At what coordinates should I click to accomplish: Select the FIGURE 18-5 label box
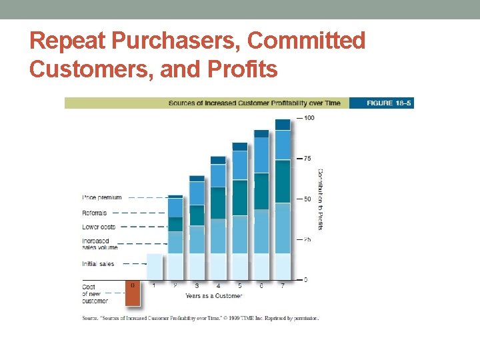click(390, 103)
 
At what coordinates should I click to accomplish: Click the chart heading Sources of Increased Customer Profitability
click(254, 103)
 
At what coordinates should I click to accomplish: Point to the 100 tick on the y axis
click(309, 118)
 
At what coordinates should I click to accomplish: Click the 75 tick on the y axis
click(307, 159)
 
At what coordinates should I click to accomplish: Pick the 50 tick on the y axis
click(307, 199)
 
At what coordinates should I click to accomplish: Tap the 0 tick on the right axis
click(305, 279)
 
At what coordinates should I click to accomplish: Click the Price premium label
click(102, 197)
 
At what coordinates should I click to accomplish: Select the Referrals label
click(94, 213)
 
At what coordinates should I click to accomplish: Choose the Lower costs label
click(99, 227)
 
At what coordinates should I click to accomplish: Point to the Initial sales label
click(98, 264)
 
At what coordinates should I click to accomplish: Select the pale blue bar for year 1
click(154, 267)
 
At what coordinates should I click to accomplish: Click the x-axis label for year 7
click(283, 286)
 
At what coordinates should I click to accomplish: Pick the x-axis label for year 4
click(218, 286)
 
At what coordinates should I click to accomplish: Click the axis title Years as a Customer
click(213, 295)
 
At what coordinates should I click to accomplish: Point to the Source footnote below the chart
click(200, 318)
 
